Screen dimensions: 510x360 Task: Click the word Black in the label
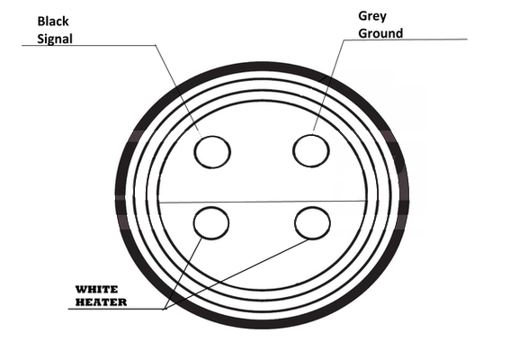click(x=53, y=22)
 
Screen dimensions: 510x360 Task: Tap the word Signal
click(x=55, y=40)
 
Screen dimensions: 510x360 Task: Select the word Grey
click(x=372, y=16)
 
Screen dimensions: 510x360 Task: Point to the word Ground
click(x=380, y=33)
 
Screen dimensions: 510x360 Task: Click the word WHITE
click(x=96, y=289)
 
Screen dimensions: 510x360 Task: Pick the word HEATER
click(x=101, y=302)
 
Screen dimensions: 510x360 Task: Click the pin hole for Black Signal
click(x=212, y=152)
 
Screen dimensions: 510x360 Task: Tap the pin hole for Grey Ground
click(x=311, y=151)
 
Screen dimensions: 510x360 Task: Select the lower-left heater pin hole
click(x=211, y=223)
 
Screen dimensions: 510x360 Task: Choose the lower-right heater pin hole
click(x=313, y=223)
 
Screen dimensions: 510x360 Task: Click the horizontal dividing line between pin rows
click(x=262, y=202)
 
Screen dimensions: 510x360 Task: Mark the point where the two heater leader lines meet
click(x=166, y=309)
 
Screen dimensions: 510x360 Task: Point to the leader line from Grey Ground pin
click(x=329, y=85)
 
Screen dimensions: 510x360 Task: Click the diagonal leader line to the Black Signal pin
click(x=178, y=91)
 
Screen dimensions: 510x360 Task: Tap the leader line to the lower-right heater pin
click(x=237, y=274)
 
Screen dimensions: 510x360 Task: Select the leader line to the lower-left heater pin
click(x=183, y=273)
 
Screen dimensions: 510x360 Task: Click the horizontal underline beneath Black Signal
click(x=88, y=45)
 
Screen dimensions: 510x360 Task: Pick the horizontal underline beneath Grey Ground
click(x=406, y=40)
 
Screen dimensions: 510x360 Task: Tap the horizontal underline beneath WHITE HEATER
click(x=117, y=309)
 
